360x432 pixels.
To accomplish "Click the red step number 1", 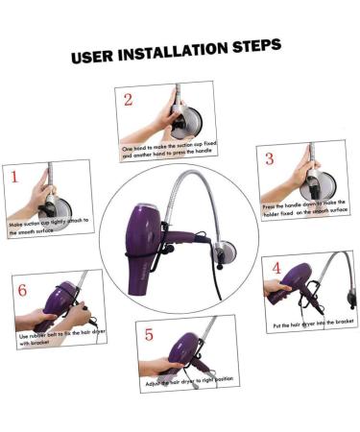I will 15,177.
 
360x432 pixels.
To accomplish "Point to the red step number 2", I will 128,99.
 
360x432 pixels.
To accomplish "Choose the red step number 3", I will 270,158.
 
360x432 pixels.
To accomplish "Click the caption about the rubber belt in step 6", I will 53,340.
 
